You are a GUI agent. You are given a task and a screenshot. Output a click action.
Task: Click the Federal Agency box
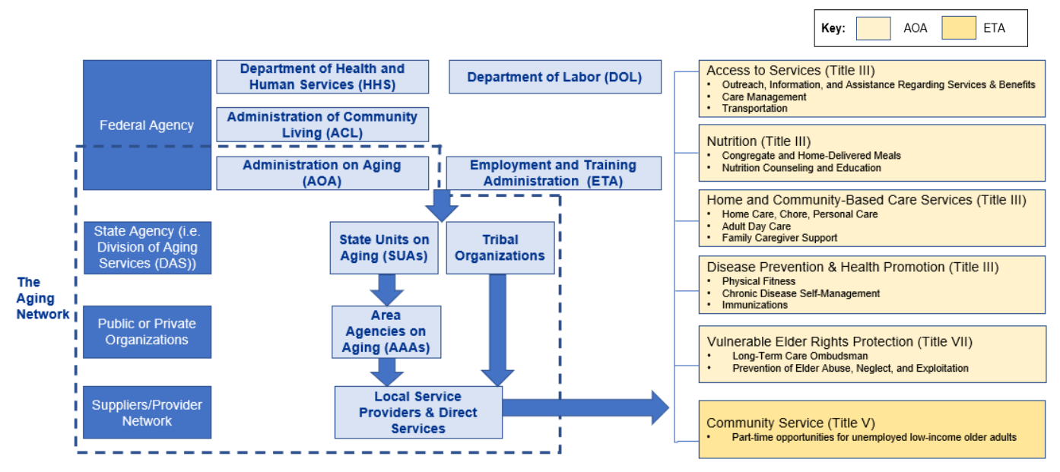tap(147, 125)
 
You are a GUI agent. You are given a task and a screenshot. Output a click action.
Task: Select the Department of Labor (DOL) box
tap(554, 77)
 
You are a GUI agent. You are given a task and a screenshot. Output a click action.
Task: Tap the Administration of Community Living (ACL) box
tap(322, 124)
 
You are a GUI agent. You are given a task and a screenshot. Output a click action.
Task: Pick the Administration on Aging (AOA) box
tap(322, 173)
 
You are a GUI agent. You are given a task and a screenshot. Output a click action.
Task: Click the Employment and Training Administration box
tap(553, 173)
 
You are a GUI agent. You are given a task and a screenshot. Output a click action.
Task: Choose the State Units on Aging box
tap(384, 248)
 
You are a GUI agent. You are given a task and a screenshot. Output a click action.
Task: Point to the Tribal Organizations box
tap(500, 248)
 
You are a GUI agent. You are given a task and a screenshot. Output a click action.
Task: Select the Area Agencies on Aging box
tap(386, 331)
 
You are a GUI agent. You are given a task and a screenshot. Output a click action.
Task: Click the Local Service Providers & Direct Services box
tap(418, 412)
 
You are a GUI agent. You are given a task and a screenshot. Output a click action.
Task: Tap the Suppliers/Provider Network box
tap(147, 412)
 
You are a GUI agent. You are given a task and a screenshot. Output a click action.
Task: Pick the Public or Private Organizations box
tap(147, 331)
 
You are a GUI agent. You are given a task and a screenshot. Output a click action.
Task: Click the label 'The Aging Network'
tap(43, 298)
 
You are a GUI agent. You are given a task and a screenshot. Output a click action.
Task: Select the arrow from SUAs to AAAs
tap(386, 289)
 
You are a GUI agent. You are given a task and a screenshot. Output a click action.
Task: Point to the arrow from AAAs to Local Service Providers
tap(386, 371)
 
